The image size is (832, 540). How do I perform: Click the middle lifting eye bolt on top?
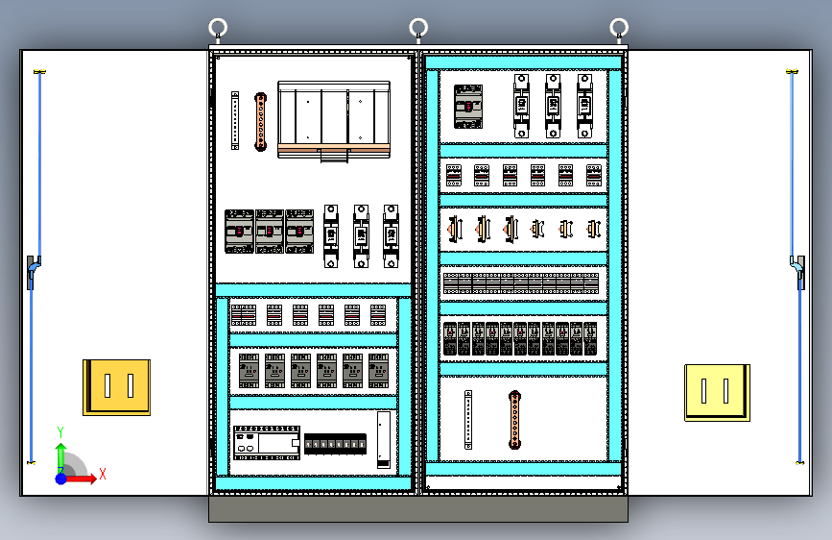click(418, 27)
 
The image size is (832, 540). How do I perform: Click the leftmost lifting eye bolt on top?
click(218, 27)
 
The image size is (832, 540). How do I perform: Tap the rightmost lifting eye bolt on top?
click(620, 27)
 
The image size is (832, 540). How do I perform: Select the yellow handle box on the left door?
click(116, 387)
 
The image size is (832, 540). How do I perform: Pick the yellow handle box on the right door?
click(717, 391)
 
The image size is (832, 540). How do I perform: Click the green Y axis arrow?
click(60, 451)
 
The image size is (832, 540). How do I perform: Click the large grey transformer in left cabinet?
click(334, 118)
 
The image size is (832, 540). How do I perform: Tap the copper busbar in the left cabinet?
click(259, 122)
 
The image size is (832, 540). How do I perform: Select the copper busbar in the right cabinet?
click(514, 420)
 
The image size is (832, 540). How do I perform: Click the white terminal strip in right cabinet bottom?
click(468, 420)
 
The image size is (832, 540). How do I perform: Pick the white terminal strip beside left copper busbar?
click(234, 120)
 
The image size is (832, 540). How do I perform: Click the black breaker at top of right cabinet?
click(468, 106)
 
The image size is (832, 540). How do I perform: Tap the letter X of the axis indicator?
click(102, 474)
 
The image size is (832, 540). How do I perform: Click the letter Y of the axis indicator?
click(60, 431)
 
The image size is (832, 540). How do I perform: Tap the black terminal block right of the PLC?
click(335, 445)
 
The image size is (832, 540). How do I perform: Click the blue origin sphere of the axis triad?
click(61, 478)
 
